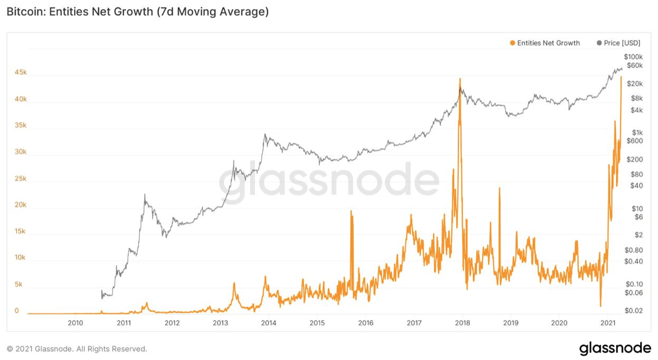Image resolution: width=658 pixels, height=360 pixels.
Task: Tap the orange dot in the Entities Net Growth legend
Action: point(512,43)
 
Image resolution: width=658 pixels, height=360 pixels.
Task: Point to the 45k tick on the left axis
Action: point(21,73)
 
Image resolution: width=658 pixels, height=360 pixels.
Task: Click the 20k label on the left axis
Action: point(21,205)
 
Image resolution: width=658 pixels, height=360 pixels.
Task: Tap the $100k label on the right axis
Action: point(633,57)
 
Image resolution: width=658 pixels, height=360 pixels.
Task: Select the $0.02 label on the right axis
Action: point(634,311)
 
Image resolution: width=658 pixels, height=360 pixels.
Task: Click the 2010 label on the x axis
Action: point(75,323)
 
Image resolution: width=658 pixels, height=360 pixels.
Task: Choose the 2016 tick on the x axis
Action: point(366,323)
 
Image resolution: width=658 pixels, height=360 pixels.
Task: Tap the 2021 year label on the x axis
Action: point(609,323)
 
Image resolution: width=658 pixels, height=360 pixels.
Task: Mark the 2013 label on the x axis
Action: point(220,323)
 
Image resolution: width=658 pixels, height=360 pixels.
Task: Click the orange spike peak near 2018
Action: point(460,79)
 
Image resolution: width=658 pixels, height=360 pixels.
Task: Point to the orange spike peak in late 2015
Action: point(351,212)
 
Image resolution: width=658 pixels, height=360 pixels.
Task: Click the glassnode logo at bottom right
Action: point(614,348)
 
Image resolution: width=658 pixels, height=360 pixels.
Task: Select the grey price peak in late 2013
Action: point(265,135)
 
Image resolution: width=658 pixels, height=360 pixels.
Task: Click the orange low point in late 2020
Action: point(600,306)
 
